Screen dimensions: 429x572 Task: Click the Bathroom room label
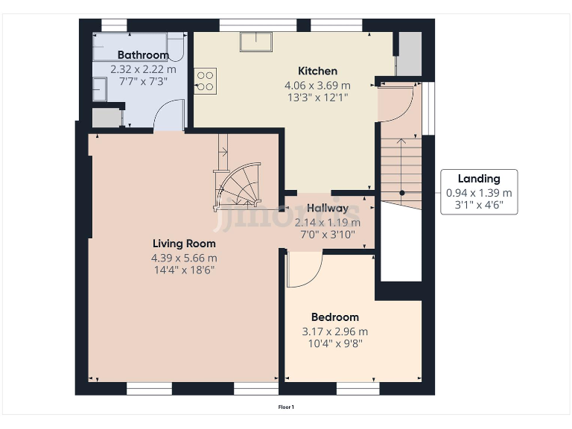[143, 55]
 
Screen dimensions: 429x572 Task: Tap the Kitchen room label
[317, 71]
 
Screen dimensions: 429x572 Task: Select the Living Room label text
[184, 244]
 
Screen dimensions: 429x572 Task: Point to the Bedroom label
[335, 317]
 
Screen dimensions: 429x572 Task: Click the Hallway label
[328, 209]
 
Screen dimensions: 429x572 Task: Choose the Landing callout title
[479, 179]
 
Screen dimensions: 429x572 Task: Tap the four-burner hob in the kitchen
[206, 80]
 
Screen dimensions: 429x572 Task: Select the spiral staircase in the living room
[237, 186]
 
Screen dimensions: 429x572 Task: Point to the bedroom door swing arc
[305, 270]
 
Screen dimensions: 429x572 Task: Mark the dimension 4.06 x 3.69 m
[317, 86]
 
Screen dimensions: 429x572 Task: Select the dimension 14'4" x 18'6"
[184, 270]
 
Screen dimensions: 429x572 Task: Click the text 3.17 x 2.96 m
[335, 331]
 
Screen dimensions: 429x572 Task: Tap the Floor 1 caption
[286, 407]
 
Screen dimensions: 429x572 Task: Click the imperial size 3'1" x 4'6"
[479, 205]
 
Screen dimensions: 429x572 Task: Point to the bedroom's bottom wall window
[357, 389]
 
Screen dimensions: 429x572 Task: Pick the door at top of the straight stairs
[396, 104]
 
